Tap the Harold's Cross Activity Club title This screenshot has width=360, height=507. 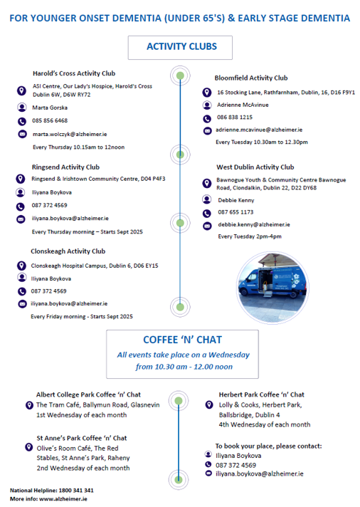point(74,73)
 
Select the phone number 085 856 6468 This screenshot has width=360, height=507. point(50,120)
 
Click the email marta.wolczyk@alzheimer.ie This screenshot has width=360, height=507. point(70,134)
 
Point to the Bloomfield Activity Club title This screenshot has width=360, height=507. point(251,78)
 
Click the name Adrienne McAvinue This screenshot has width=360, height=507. point(243,105)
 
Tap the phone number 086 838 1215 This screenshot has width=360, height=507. point(235,117)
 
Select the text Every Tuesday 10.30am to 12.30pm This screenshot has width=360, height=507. point(262,142)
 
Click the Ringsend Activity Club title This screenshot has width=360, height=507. point(65,167)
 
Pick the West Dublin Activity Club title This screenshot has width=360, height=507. point(255,167)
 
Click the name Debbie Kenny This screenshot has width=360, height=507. point(236,201)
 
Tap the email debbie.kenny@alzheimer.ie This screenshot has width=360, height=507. point(254,224)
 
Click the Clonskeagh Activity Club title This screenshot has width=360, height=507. point(68,251)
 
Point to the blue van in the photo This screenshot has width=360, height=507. point(272,281)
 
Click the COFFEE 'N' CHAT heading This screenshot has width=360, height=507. point(183,340)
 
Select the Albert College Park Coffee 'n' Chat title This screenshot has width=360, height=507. point(88,394)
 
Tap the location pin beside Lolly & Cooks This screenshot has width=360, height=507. point(209,404)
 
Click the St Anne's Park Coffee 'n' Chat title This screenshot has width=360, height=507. point(81,438)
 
